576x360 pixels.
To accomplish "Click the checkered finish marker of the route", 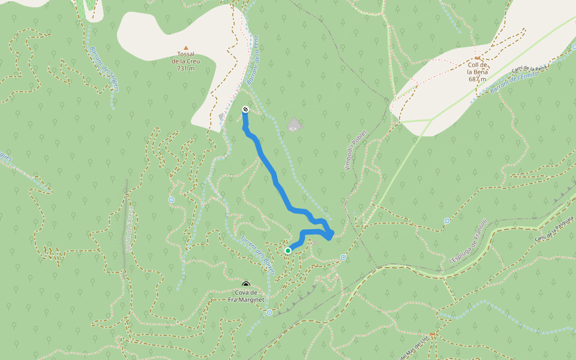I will pos(245,109).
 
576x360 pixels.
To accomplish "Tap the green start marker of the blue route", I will pos(288,250).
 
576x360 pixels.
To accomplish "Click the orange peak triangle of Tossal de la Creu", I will pos(185,47).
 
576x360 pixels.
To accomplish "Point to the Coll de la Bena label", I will pos(477,72).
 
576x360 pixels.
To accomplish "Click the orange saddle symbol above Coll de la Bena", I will pos(477,58).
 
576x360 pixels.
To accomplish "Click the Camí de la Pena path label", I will pos(530,69).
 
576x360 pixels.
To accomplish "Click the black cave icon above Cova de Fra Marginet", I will pos(245,284).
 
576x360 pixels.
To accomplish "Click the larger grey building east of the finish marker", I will pos(294,125).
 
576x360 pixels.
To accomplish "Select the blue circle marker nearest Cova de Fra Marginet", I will pos(269,313).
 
